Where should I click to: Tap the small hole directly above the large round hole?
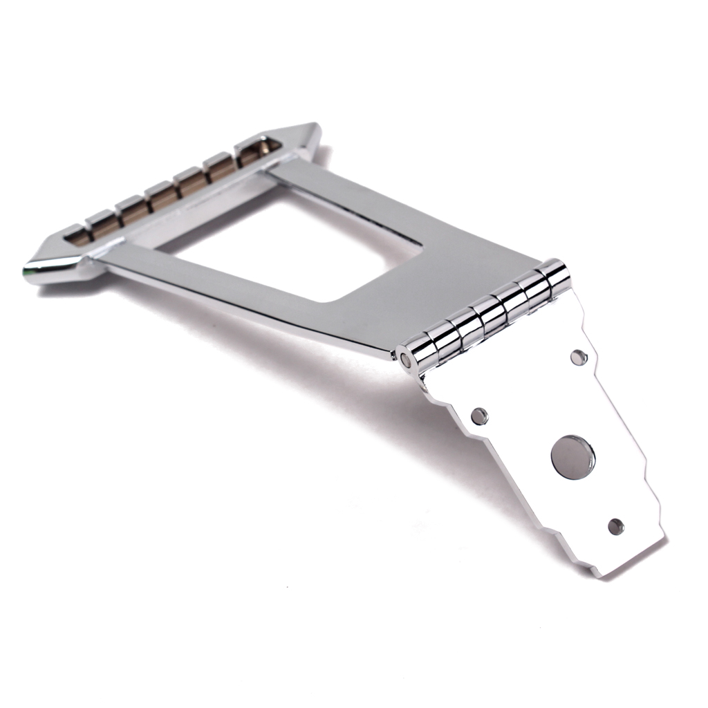pos(579,357)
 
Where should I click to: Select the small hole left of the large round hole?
pos(478,416)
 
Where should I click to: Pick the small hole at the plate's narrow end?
pos(615,526)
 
